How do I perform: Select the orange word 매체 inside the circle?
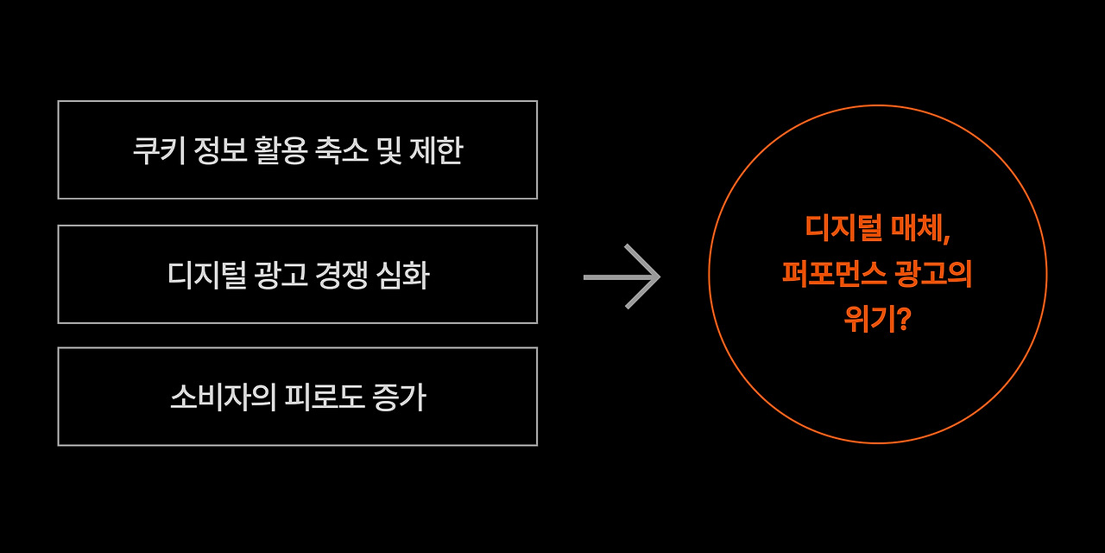tap(919, 228)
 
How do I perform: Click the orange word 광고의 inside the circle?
tap(934, 274)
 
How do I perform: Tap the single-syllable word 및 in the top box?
tap(389, 150)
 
